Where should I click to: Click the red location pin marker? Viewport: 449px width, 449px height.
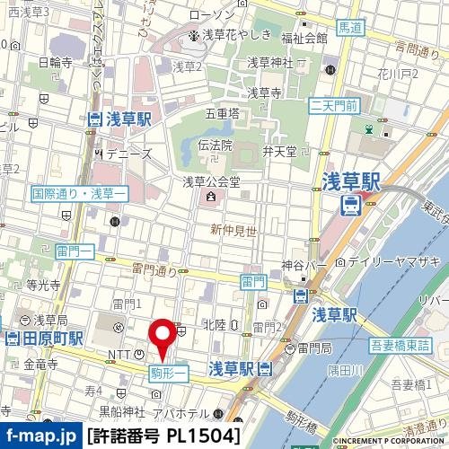coord(163,337)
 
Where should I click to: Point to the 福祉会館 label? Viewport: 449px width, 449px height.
coord(304,38)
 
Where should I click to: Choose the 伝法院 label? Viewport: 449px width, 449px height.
coord(215,144)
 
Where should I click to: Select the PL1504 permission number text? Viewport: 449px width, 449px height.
coord(203,436)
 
